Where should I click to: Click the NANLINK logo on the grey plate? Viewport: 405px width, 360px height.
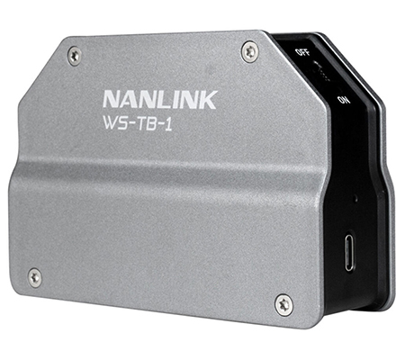(160, 99)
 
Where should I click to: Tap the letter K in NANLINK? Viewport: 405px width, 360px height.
(207, 100)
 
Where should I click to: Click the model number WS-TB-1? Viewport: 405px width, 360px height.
(138, 123)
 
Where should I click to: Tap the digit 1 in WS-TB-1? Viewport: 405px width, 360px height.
(168, 124)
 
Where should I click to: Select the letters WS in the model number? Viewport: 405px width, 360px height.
(113, 122)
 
